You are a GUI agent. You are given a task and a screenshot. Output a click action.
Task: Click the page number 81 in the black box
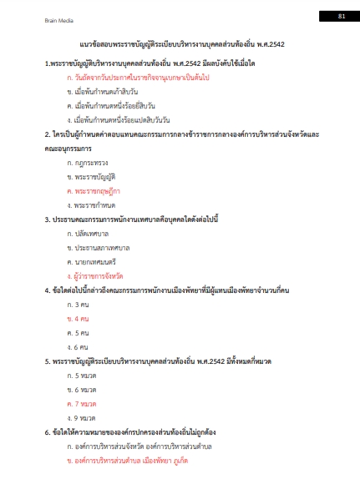click(341, 16)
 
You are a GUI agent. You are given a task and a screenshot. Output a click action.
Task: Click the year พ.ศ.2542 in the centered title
click(267, 44)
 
